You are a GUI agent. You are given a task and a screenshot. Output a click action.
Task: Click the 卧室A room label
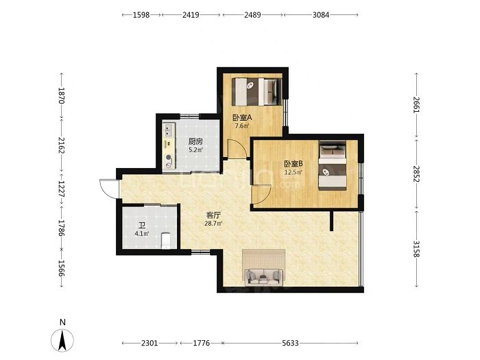pyautogui.click(x=242, y=117)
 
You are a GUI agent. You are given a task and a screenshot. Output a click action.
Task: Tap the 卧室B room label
pyautogui.click(x=293, y=164)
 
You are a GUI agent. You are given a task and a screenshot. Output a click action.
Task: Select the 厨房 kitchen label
pyautogui.click(x=195, y=142)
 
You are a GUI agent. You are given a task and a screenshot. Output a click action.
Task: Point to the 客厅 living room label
pyautogui.click(x=213, y=215)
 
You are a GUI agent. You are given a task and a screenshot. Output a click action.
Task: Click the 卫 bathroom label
pyautogui.click(x=142, y=226)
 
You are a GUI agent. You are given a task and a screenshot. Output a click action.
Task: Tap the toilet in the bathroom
pyautogui.click(x=166, y=241)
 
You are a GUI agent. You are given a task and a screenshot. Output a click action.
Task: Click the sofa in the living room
pyautogui.click(x=263, y=277)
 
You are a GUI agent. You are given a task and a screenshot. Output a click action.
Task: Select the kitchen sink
pyautogui.click(x=168, y=130)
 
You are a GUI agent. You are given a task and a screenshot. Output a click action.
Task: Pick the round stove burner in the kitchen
pyautogui.click(x=169, y=157)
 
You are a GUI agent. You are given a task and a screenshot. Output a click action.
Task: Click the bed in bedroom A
pyautogui.click(x=256, y=92)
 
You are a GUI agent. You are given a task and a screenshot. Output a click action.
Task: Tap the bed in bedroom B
pyautogui.click(x=333, y=165)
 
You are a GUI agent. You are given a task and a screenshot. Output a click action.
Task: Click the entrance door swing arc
pyautogui.click(x=105, y=189)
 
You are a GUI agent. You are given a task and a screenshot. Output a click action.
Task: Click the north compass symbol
pyautogui.click(x=62, y=340)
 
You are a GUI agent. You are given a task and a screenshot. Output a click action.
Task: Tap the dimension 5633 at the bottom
pyautogui.click(x=290, y=343)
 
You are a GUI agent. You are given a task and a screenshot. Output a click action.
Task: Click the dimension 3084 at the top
pyautogui.click(x=321, y=14)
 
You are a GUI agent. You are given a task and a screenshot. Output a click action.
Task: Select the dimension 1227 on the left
pyautogui.click(x=62, y=189)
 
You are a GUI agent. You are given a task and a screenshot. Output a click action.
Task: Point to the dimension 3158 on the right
pyautogui.click(x=416, y=249)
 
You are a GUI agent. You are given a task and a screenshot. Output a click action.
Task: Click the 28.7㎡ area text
pyautogui.click(x=213, y=224)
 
